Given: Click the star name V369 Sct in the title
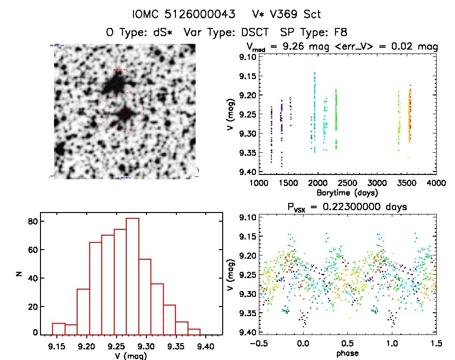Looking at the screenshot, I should [x=291, y=14].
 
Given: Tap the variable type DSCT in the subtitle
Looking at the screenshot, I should [x=253, y=32].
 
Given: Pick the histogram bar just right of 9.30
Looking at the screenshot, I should [x=157, y=309].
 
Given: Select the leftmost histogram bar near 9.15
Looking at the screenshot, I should [x=59, y=329].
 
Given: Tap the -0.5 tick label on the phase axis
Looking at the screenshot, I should [x=258, y=344].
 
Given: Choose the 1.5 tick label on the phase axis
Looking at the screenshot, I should [x=436, y=344].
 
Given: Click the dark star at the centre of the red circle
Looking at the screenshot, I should [x=124, y=114].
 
